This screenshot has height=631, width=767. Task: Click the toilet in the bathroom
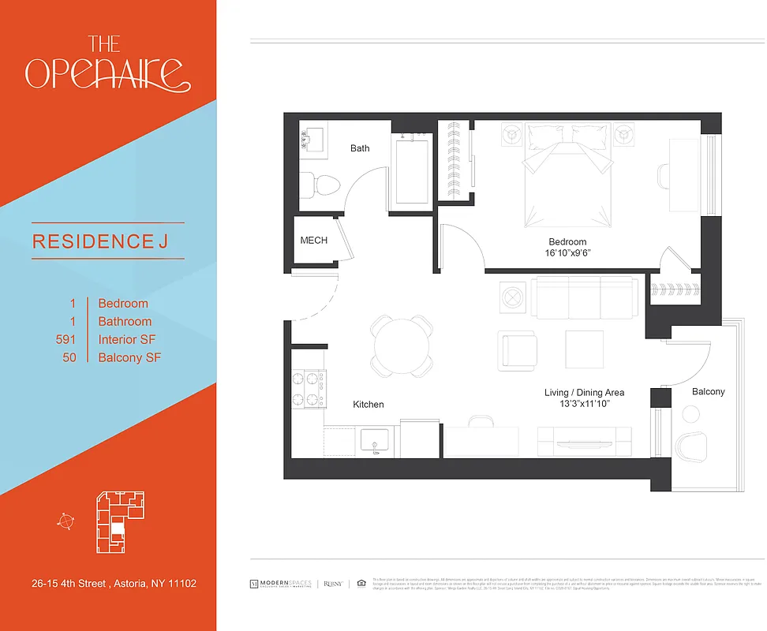click(322, 185)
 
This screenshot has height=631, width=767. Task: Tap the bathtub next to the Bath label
click(410, 170)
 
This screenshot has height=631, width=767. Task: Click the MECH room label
click(313, 241)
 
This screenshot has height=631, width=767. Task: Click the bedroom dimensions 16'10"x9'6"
click(567, 254)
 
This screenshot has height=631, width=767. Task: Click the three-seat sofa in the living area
click(584, 297)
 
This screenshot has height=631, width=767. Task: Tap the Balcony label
click(708, 392)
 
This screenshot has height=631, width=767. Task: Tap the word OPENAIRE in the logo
click(107, 73)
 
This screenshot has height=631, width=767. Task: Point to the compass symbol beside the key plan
click(65, 520)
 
